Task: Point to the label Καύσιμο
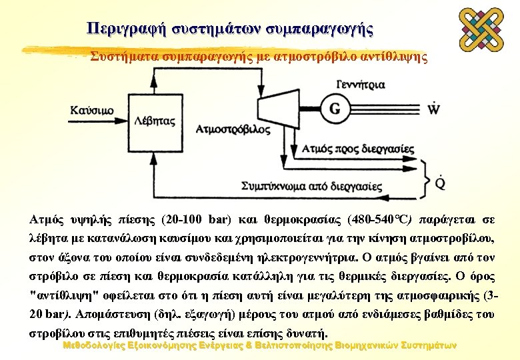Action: tap(91, 110)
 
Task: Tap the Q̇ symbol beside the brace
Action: tap(440, 183)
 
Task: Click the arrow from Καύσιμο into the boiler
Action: tap(122, 110)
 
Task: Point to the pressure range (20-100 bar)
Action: tap(191, 219)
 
